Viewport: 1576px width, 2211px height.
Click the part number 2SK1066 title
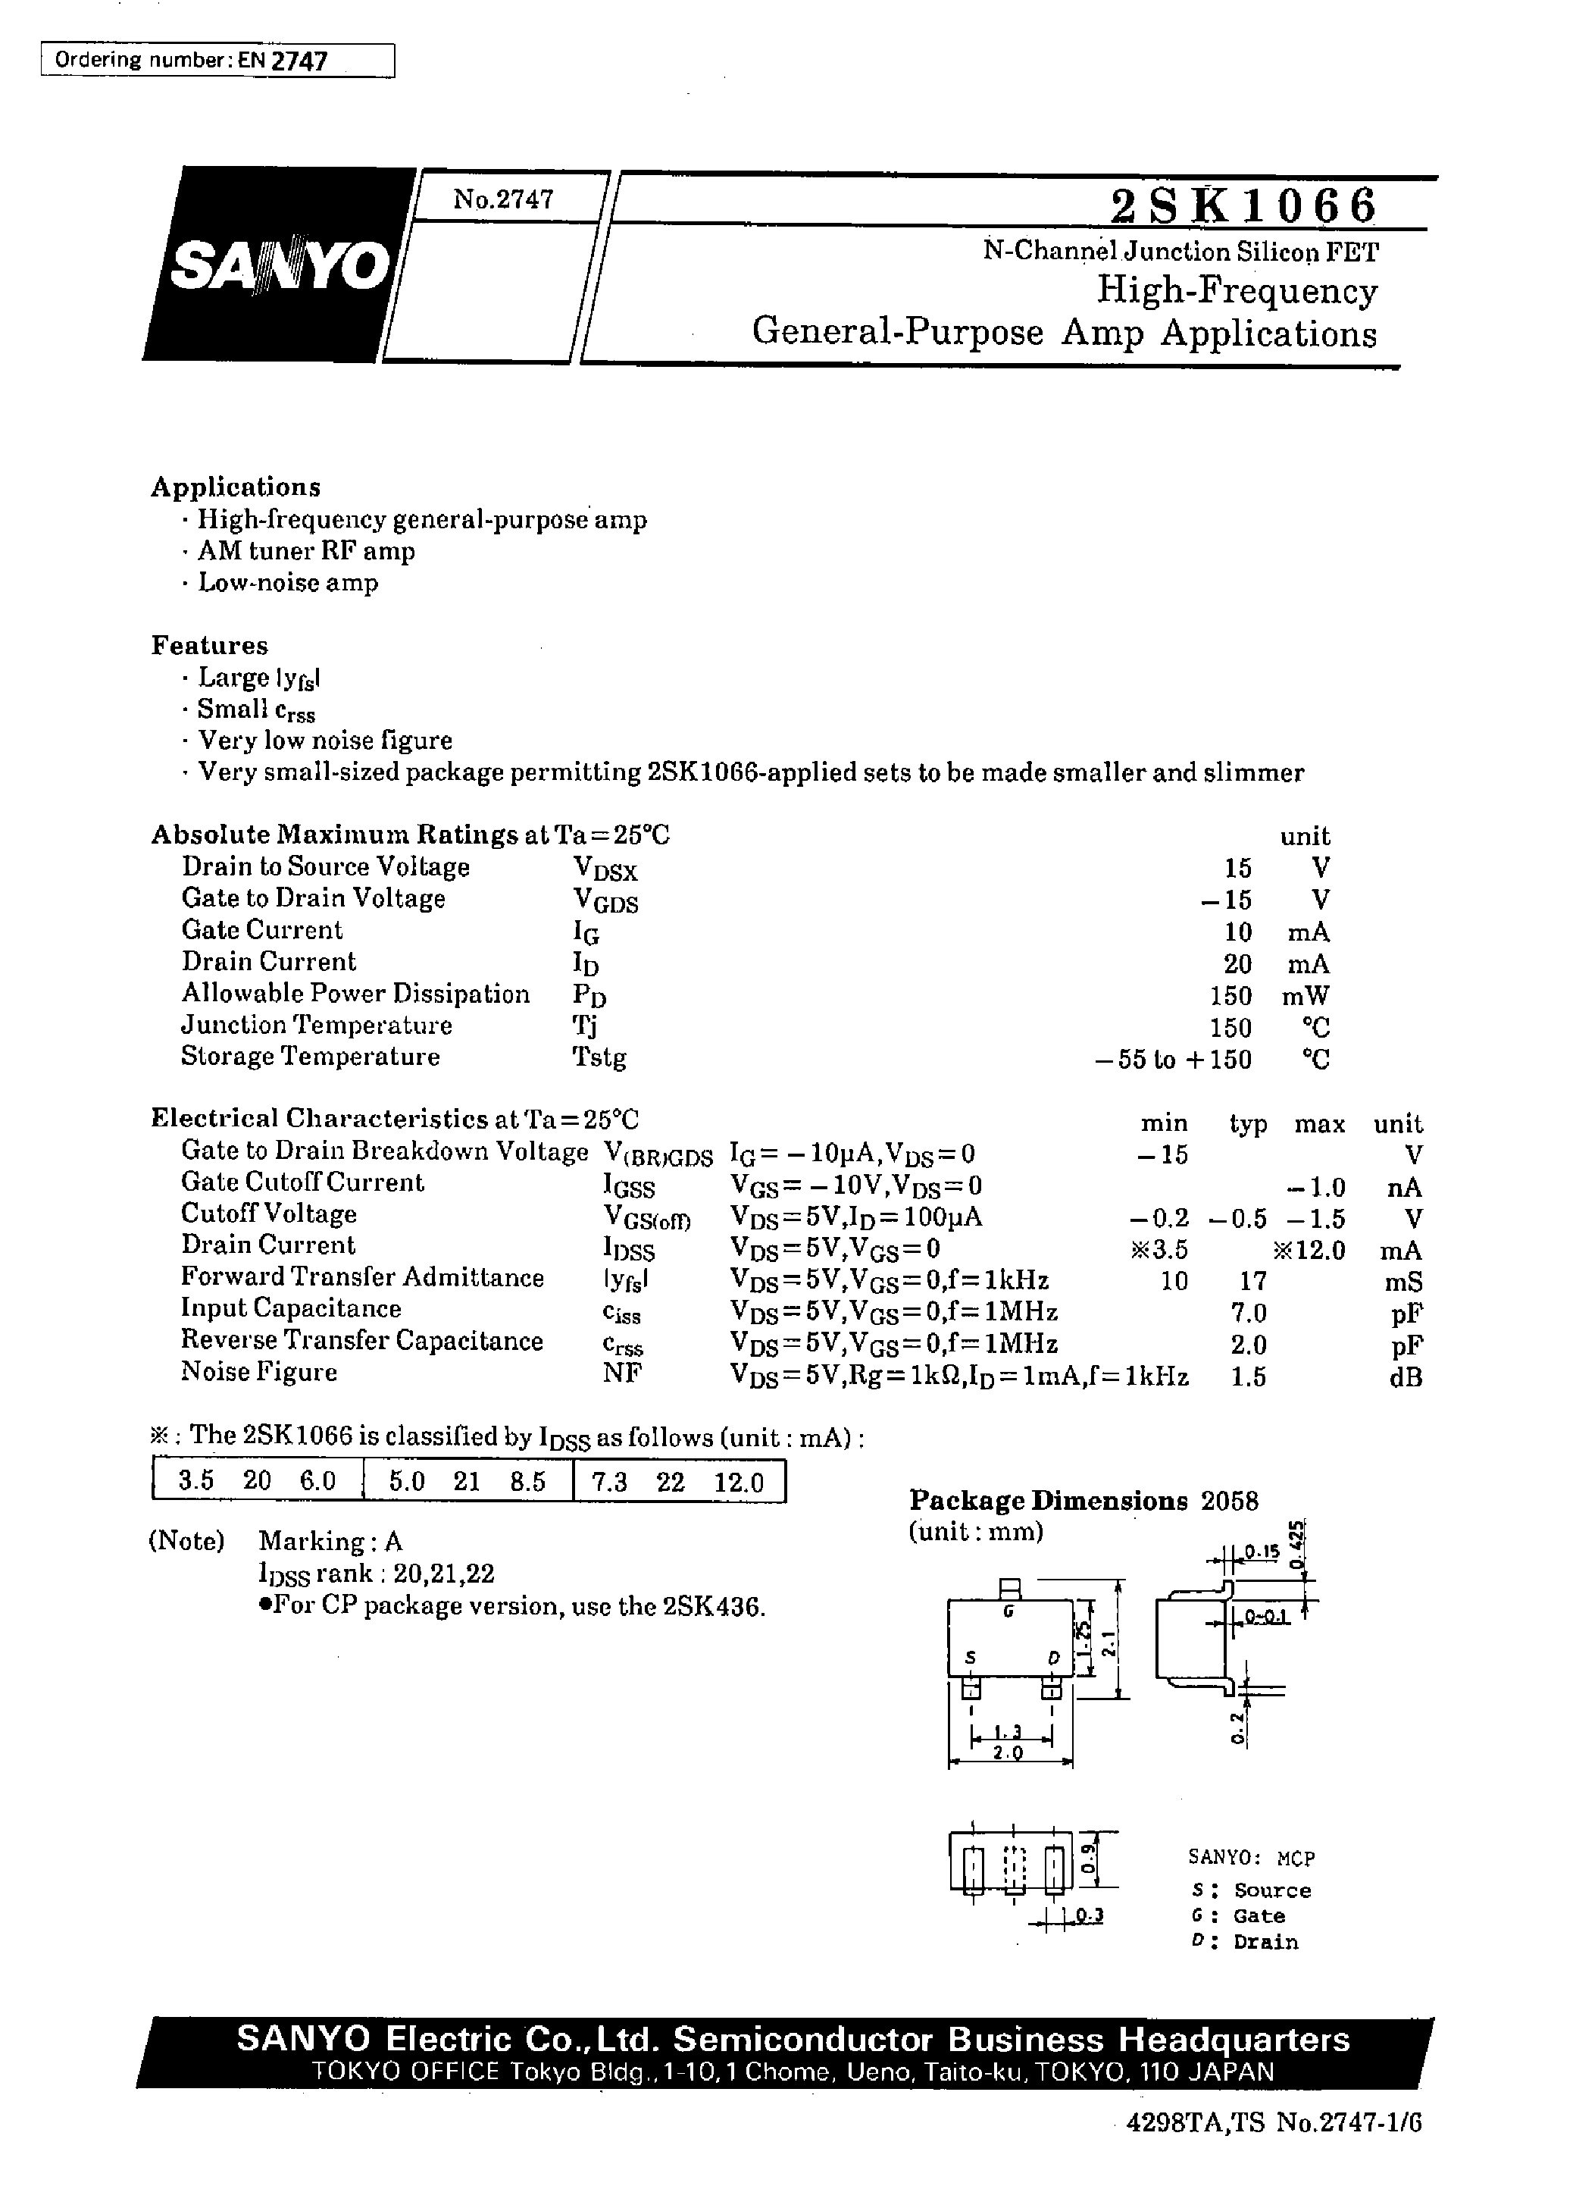point(1243,205)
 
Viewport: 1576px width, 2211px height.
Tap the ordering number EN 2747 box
point(217,60)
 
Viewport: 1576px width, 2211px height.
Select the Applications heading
point(235,487)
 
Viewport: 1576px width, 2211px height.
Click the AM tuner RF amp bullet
point(305,551)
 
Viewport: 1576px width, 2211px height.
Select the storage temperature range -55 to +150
point(1172,1059)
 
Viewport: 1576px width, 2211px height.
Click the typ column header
point(1248,1124)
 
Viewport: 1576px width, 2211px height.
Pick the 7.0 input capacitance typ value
point(1248,1314)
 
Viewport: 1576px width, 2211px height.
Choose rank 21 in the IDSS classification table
point(467,1482)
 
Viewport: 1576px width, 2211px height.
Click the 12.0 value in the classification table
point(739,1482)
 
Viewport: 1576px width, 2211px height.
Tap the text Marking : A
point(330,1541)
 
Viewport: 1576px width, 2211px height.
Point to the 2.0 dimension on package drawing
point(1008,1753)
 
